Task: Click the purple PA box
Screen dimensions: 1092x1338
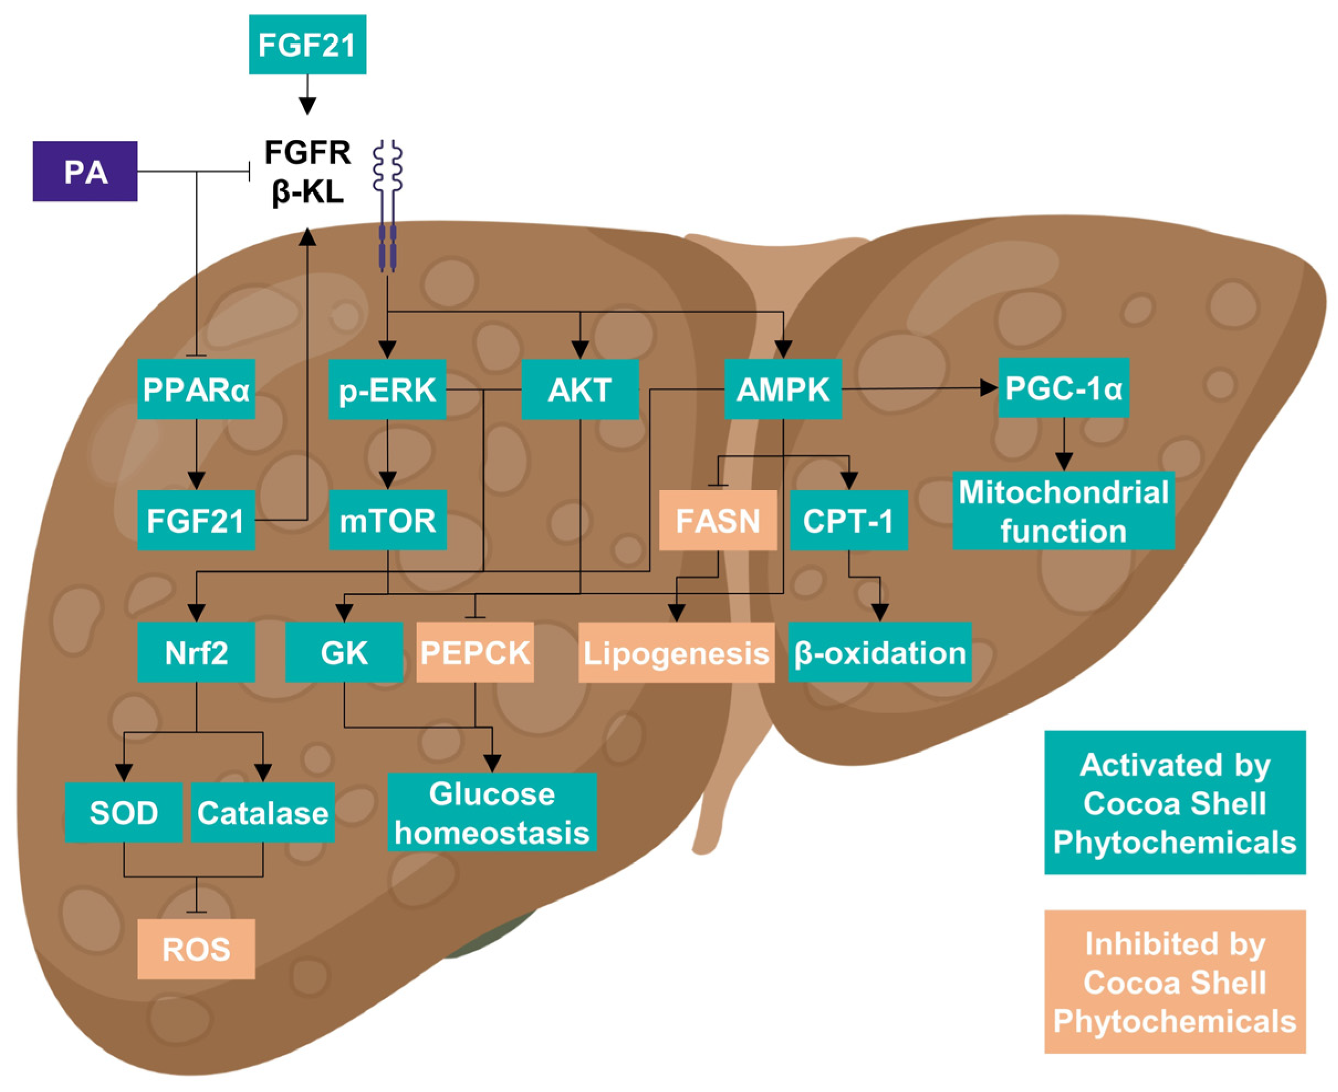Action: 85,171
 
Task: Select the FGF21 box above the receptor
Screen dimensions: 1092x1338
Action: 307,45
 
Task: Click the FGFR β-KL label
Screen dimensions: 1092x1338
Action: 307,171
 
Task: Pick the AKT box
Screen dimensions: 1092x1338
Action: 580,389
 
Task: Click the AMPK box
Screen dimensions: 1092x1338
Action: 783,389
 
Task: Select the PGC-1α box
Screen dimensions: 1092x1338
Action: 1063,388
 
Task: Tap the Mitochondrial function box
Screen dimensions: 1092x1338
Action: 1063,511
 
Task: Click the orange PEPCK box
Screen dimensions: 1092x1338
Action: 475,652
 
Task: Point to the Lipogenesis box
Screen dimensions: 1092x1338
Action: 676,653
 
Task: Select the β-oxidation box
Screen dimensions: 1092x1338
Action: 880,652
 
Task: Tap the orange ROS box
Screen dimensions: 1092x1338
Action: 196,949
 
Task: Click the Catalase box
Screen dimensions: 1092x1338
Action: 263,813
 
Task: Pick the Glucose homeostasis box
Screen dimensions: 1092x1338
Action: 492,813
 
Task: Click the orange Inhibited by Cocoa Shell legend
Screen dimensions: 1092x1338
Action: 1174,982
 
